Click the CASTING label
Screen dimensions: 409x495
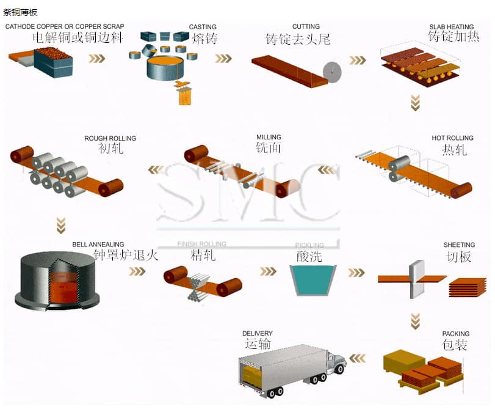point(203,27)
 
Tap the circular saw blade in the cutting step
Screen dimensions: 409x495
point(333,72)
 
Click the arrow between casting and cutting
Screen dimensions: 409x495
point(223,59)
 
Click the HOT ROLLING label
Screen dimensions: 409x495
point(452,138)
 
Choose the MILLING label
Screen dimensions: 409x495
point(269,138)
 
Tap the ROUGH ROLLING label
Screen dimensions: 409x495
point(110,139)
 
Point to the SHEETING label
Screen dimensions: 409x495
point(459,245)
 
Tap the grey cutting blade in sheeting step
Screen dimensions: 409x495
point(416,278)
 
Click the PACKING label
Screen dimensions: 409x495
point(456,334)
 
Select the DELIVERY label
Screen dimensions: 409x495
point(257,334)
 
